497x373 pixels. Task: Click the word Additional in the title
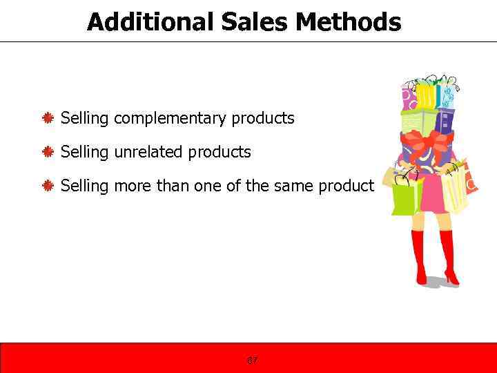click(150, 22)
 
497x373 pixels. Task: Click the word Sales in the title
click(255, 22)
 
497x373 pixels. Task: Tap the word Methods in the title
click(348, 22)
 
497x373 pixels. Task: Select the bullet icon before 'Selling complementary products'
click(48, 119)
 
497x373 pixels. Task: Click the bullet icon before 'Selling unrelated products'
click(48, 152)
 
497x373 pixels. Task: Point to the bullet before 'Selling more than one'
click(48, 186)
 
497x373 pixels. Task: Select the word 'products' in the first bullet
click(263, 119)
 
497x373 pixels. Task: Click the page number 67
click(252, 361)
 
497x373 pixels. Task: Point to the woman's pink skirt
click(431, 200)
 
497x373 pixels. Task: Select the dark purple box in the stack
click(445, 122)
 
